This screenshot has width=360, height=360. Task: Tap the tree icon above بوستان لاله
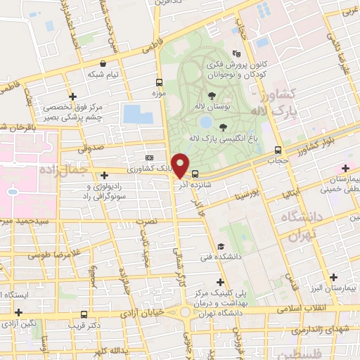click(x=212, y=96)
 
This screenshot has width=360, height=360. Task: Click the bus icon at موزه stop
click(x=159, y=82)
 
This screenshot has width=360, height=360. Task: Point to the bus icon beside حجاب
click(x=278, y=150)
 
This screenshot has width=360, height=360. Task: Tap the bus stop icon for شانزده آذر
click(x=195, y=174)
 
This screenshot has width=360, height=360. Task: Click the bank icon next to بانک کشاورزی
click(x=148, y=158)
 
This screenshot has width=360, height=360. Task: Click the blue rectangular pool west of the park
click(x=137, y=114)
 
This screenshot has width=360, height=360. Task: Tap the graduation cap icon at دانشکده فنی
click(x=221, y=247)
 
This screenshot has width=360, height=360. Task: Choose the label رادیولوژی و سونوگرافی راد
click(x=105, y=191)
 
